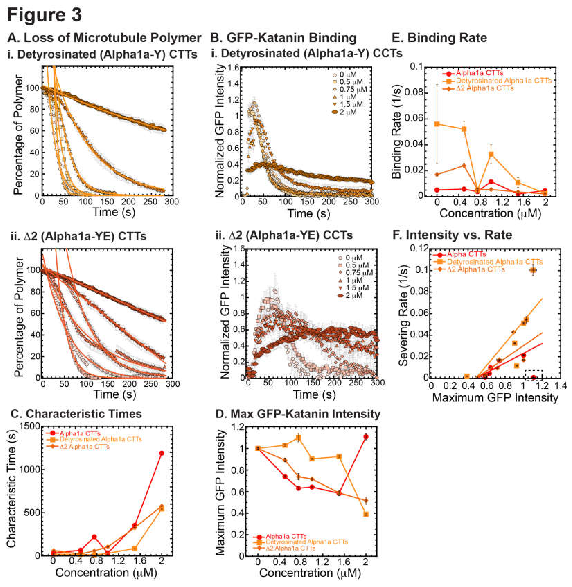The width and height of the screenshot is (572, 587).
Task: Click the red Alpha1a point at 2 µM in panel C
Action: [162, 453]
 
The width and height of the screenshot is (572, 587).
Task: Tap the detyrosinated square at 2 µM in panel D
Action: [366, 514]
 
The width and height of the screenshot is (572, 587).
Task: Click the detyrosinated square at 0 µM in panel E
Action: [437, 124]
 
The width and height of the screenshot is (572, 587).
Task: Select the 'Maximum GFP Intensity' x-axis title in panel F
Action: [495, 398]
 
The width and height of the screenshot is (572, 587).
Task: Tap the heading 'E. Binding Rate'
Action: [439, 38]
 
